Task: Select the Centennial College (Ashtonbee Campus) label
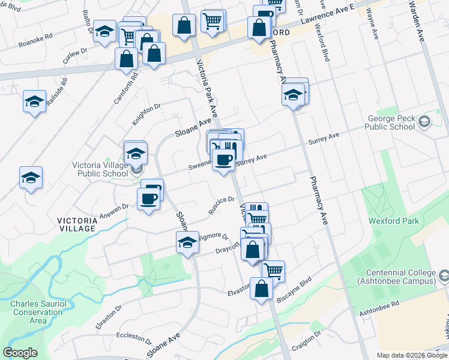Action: pos(396,277)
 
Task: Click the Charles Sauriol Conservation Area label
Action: pos(29,312)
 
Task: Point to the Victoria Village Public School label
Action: pos(99,170)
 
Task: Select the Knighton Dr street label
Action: pos(146,113)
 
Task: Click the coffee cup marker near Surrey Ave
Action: pos(223,160)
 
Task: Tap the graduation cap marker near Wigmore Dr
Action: pos(187,243)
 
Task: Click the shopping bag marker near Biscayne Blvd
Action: pos(262,289)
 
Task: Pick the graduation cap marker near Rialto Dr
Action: pos(105,32)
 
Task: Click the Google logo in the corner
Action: pos(20,353)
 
